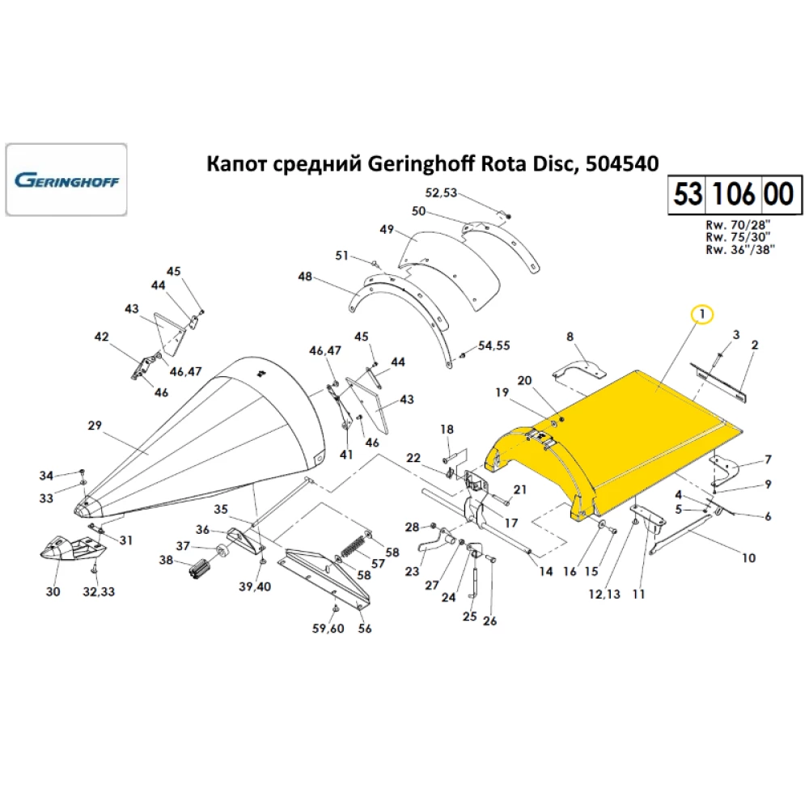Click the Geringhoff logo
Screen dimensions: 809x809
66,179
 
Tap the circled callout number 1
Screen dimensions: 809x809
701,313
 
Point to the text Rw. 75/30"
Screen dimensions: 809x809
737,237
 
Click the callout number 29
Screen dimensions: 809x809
95,426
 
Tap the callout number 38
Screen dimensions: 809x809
167,560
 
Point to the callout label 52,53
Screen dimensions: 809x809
441,193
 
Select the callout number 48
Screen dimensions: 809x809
304,277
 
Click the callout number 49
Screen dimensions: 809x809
386,230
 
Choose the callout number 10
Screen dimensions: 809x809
748,557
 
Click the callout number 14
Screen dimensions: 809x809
545,571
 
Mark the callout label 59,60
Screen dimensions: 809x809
328,629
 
